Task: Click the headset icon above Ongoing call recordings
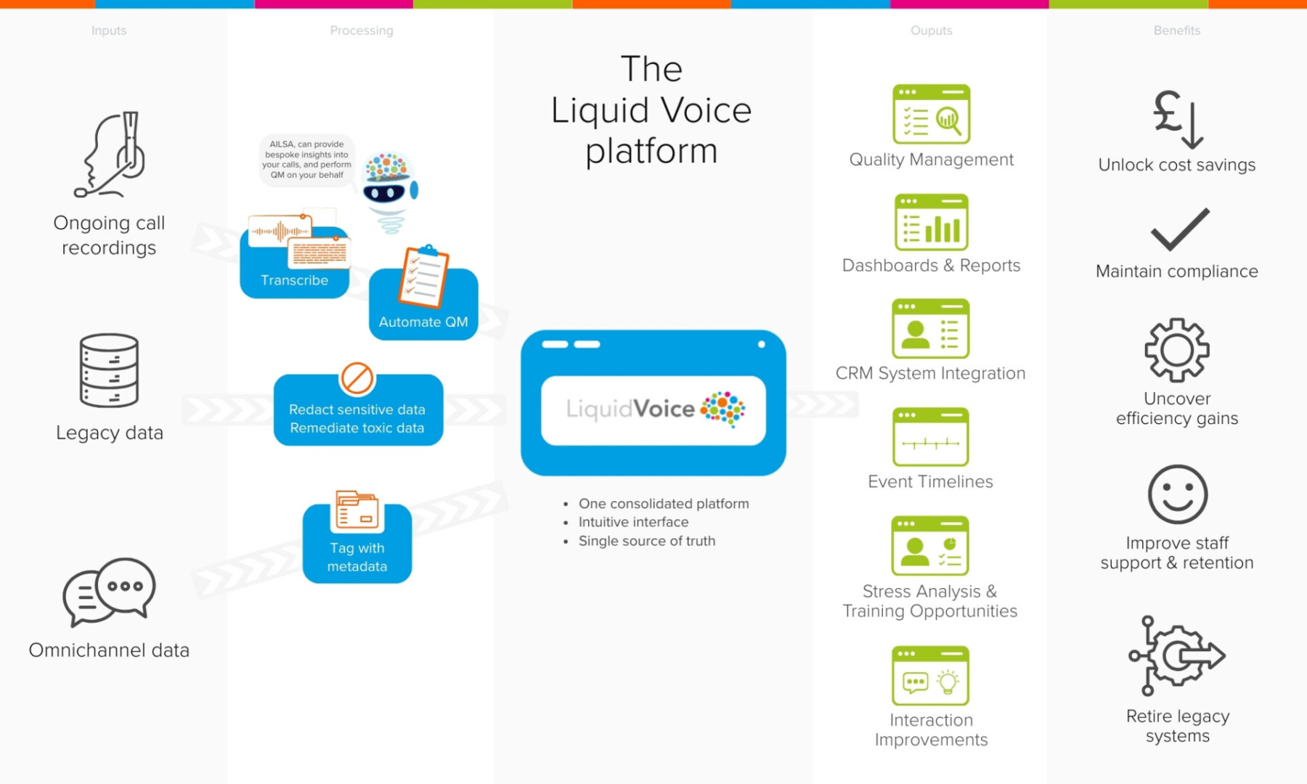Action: [x=113, y=155]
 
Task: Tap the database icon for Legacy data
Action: [x=109, y=370]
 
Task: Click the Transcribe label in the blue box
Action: [x=294, y=280]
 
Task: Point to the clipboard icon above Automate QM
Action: [x=423, y=277]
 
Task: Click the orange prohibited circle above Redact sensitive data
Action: [x=357, y=378]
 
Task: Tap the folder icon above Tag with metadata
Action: [x=357, y=510]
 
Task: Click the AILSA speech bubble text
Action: [x=306, y=160]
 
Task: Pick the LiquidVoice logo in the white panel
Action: [x=653, y=409]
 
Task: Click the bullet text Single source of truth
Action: [x=646, y=541]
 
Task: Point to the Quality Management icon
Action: [x=931, y=114]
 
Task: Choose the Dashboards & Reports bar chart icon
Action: [x=931, y=222]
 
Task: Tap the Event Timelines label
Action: [x=930, y=481]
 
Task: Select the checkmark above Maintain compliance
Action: [x=1179, y=229]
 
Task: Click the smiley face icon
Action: [x=1177, y=494]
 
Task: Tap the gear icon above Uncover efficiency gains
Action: [x=1177, y=350]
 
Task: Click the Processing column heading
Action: [x=362, y=30]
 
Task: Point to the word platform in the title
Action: [x=651, y=151]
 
